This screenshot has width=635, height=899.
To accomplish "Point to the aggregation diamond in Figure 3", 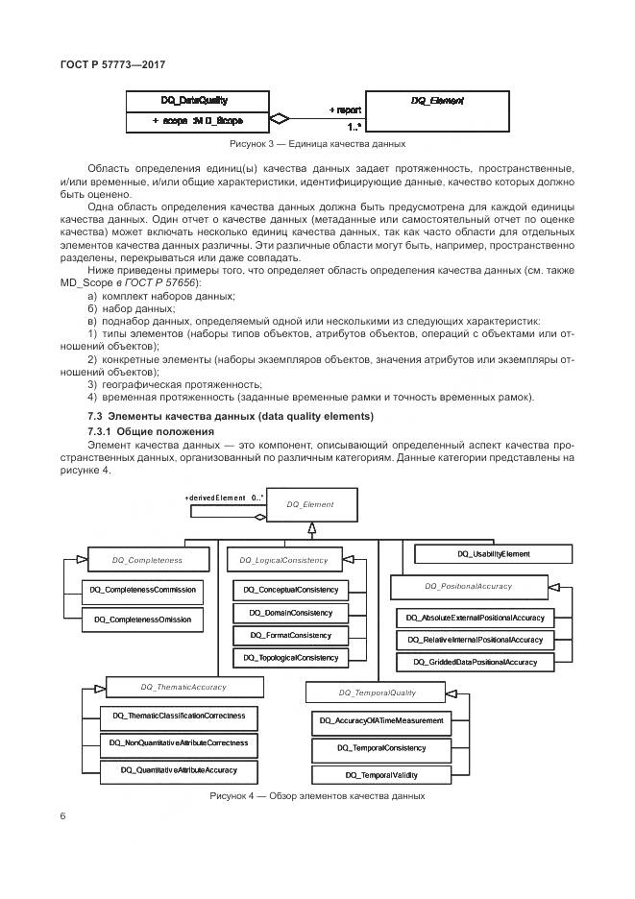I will pyautogui.click(x=278, y=120).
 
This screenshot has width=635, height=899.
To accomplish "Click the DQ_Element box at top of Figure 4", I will pyautogui.click(x=309, y=502).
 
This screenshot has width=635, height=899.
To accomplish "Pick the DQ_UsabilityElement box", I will pyautogui.click(x=493, y=553).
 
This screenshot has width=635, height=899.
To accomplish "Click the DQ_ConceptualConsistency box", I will pyautogui.click(x=291, y=590).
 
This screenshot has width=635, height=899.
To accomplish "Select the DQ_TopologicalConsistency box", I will pyautogui.click(x=291, y=658).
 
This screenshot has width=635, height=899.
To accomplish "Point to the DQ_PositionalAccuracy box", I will pyautogui.click(x=468, y=585).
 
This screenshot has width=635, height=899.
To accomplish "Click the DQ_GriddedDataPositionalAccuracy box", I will pyautogui.click(x=475, y=662).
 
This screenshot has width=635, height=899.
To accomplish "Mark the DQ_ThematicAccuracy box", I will pyautogui.click(x=183, y=687).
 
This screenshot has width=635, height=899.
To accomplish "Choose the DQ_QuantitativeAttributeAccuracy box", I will pyautogui.click(x=179, y=770).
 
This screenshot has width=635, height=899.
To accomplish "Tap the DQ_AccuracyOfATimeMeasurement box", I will pyautogui.click(x=381, y=721).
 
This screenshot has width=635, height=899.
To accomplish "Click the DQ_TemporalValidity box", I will pyautogui.click(x=381, y=774).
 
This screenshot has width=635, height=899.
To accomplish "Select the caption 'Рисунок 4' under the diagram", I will pyautogui.click(x=317, y=796).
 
